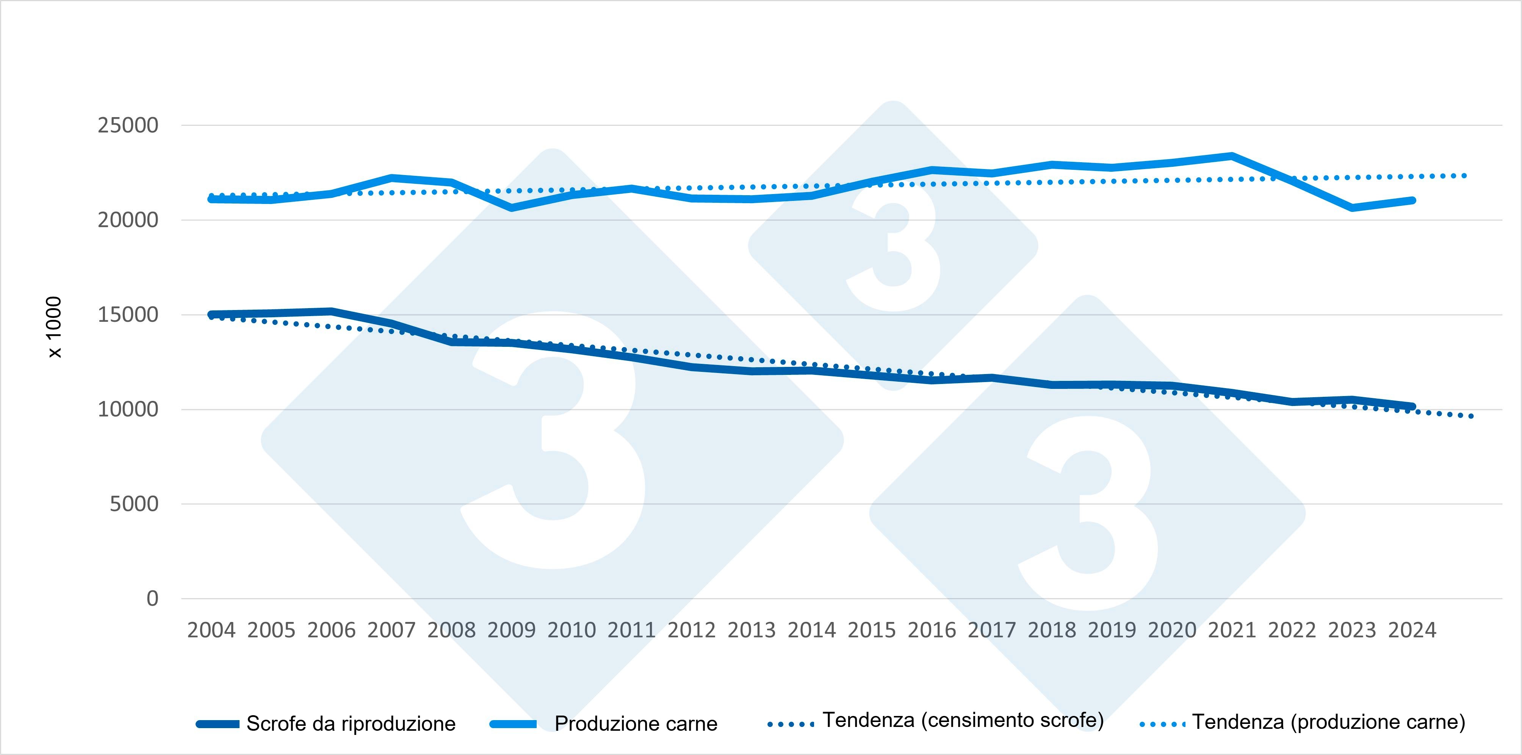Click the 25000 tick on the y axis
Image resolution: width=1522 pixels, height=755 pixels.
(128, 125)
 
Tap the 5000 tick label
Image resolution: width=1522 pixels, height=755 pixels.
(134, 504)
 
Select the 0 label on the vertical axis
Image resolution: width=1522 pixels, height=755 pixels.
(152, 598)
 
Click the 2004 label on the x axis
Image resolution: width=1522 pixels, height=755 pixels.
(211, 630)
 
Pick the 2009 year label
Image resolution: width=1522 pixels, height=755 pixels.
(511, 630)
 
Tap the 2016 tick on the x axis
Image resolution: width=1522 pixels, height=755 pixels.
(932, 630)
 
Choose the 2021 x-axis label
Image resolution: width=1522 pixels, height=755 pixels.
(1232, 630)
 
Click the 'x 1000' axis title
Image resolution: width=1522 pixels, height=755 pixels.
(54, 327)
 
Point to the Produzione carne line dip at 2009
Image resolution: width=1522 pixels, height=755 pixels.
(511, 207)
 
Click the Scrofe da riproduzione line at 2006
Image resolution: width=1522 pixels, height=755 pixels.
(331, 311)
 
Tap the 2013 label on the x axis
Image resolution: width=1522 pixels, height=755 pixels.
(752, 630)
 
